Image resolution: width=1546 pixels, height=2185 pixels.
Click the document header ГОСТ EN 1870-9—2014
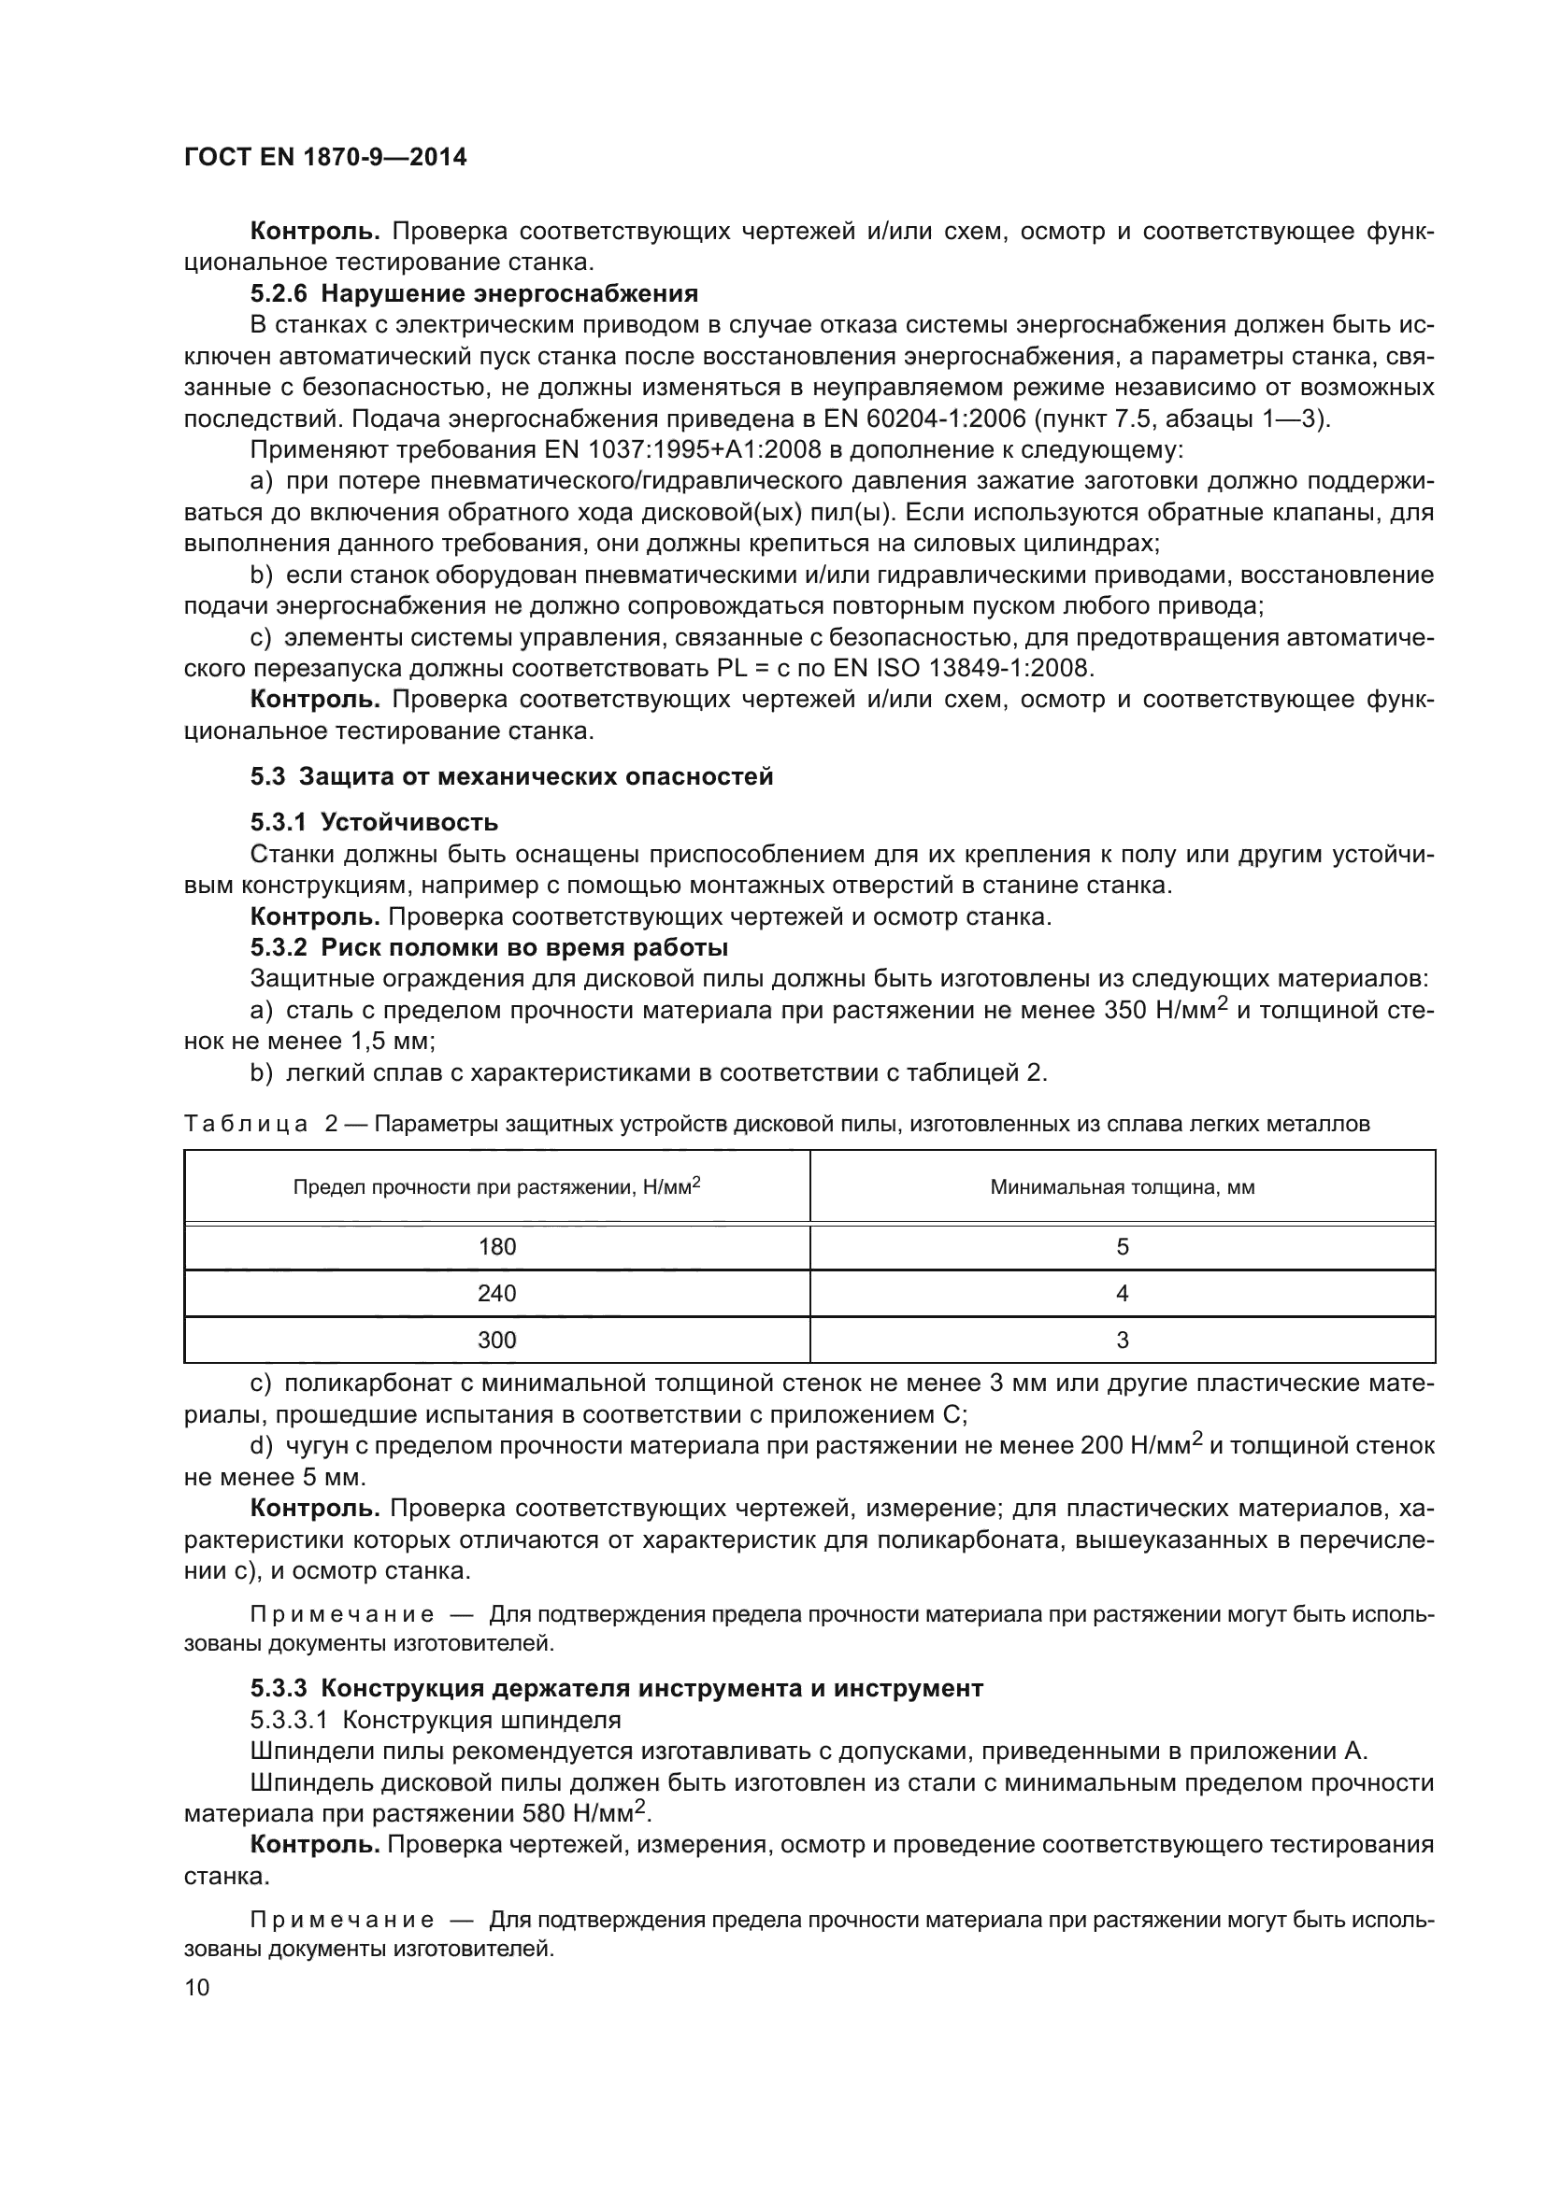324,158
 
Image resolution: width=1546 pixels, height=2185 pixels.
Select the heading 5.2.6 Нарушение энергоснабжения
474,293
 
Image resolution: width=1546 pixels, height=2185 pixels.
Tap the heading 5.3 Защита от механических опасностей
511,776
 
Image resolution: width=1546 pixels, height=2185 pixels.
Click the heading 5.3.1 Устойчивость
374,822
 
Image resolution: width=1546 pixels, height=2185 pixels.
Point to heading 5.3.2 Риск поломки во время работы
489,948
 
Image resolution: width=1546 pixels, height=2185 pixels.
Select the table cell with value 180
497,1248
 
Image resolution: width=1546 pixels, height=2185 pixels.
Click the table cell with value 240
497,1294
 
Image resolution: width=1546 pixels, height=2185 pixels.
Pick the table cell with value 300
497,1341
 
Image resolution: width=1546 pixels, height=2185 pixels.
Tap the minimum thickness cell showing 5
1123,1248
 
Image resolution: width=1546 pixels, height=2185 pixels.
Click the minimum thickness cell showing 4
1123,1294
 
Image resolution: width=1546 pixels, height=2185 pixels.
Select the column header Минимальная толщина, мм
1123,1187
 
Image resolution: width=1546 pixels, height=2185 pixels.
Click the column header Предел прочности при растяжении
497,1187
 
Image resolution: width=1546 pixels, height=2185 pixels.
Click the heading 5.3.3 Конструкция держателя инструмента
617,1689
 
